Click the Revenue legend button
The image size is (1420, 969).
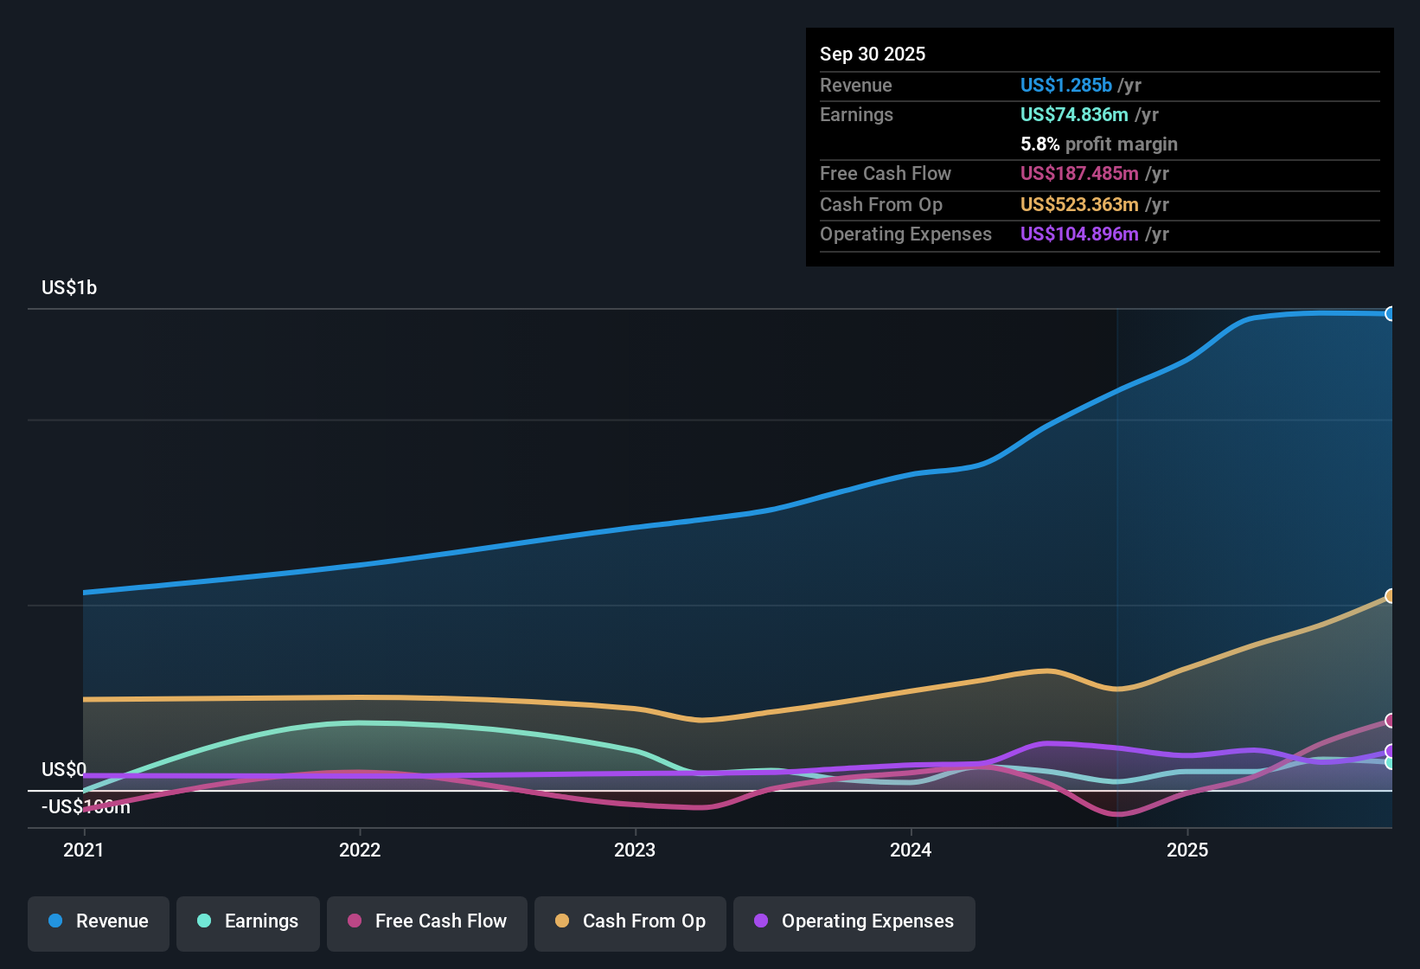click(99, 921)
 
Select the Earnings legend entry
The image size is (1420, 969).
click(248, 921)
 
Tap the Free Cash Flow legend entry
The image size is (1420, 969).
click(427, 921)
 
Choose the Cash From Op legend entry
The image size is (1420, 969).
click(630, 921)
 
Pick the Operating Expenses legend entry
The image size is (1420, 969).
click(854, 921)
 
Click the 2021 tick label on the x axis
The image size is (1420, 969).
click(84, 850)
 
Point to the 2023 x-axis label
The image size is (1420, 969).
click(635, 850)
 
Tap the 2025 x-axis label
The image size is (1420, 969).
click(1187, 850)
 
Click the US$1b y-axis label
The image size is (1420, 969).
click(69, 288)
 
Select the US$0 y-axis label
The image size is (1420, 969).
click(64, 769)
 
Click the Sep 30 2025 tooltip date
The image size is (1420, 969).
click(873, 54)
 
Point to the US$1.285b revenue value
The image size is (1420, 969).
click(1065, 85)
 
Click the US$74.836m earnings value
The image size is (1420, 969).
click(1074, 114)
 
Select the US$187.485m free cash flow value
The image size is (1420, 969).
click(1079, 173)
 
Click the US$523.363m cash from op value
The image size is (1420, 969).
click(1079, 204)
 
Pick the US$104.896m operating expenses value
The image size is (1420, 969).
click(1079, 234)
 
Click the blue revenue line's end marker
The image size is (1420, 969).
click(1390, 313)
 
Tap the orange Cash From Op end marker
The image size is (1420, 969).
click(1390, 596)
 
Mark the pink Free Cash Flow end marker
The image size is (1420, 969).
click(1390, 721)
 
